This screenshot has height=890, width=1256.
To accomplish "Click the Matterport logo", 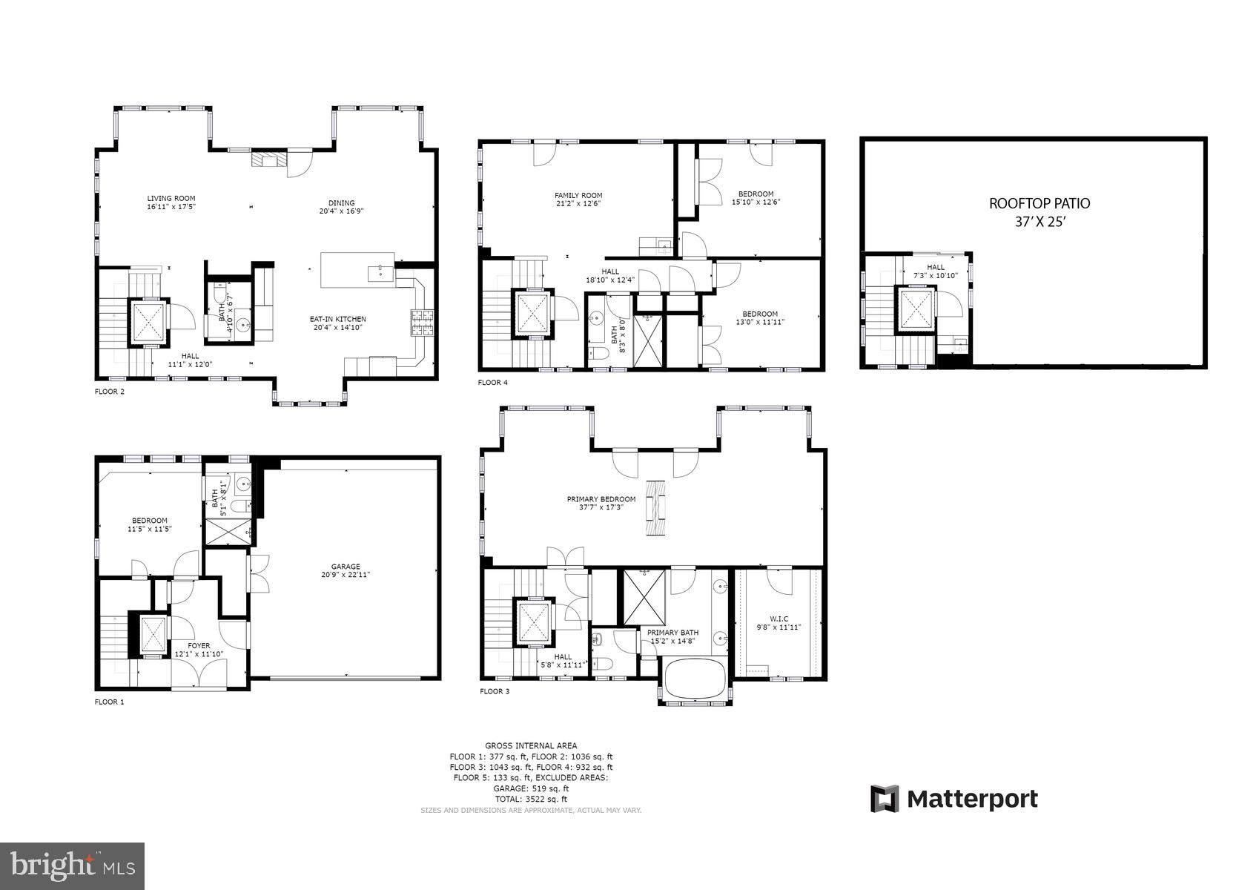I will pyautogui.click(x=953, y=799).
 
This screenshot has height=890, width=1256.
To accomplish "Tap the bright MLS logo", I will pyautogui.click(x=72, y=866).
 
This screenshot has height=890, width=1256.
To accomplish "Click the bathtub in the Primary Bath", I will pyautogui.click(x=695, y=678).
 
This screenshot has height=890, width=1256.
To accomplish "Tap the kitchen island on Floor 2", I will pyautogui.click(x=357, y=270).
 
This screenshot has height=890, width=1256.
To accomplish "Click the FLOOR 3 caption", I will pyautogui.click(x=495, y=691).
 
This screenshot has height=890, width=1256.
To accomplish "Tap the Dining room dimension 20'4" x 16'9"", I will pyautogui.click(x=341, y=211).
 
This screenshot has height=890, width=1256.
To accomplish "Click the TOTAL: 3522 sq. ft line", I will pyautogui.click(x=531, y=800).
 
